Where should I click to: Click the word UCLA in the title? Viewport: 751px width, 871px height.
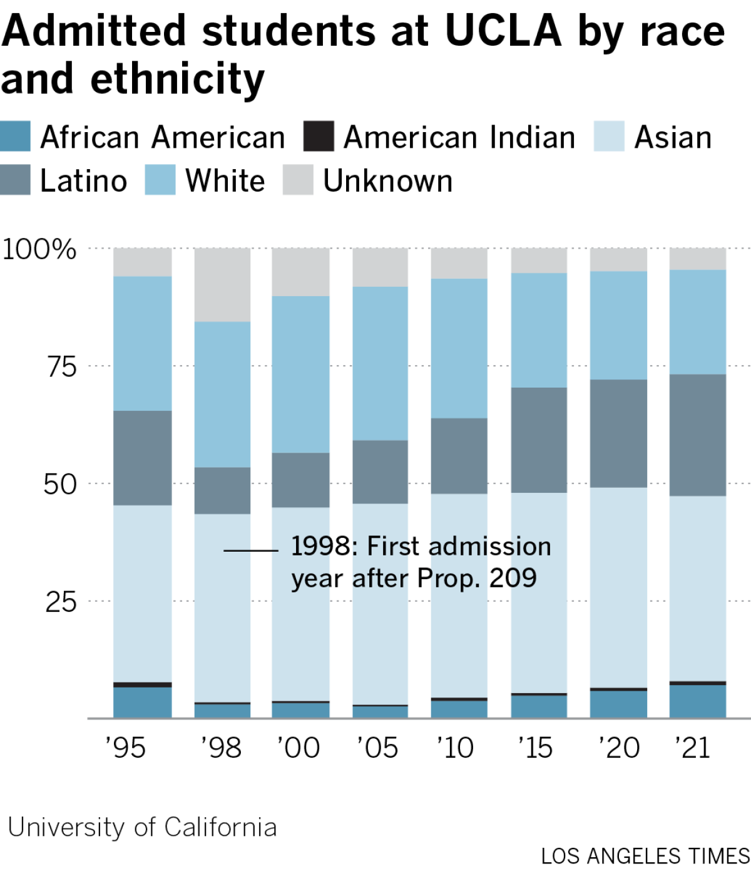click(503, 31)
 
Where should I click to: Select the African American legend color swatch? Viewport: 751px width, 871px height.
click(16, 137)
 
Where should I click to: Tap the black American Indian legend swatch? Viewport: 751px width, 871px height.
click(319, 137)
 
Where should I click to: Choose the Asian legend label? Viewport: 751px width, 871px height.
click(673, 137)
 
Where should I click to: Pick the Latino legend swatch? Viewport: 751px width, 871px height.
click(16, 180)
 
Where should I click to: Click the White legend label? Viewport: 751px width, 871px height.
click(225, 181)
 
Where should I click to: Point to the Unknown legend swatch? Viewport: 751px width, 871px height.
click(298, 180)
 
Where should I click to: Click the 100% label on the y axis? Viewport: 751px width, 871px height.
click(39, 249)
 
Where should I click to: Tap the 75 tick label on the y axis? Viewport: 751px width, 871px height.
click(62, 367)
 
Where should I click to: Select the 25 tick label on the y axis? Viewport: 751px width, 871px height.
click(61, 602)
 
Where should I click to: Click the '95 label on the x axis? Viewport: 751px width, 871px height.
click(126, 748)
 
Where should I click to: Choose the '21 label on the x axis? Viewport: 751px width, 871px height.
click(693, 748)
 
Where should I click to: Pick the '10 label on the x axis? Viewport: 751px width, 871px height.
click(456, 748)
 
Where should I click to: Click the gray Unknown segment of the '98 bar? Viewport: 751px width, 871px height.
click(222, 285)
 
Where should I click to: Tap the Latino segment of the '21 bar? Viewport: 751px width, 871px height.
click(698, 435)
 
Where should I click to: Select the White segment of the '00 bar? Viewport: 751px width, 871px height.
click(300, 374)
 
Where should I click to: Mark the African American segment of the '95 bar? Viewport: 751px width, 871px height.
click(143, 703)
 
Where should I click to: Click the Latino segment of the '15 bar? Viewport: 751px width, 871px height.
click(539, 440)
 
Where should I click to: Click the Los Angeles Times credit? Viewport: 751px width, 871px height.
click(645, 856)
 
